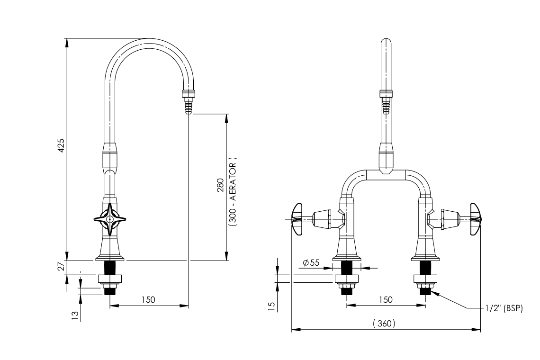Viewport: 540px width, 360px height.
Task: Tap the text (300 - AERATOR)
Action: pos(233,191)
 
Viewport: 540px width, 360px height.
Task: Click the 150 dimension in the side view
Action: pos(148,300)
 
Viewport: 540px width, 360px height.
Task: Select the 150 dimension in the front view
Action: pos(386,299)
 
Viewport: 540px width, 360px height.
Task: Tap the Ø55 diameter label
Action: pos(310,262)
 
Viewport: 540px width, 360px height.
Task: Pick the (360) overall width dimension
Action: pos(383,324)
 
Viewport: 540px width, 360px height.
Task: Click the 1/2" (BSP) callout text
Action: pos(503,308)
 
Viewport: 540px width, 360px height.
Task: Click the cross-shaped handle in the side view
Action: pos(110,219)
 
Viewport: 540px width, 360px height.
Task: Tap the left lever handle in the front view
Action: pos(297,218)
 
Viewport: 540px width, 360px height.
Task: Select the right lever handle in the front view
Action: pos(475,218)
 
